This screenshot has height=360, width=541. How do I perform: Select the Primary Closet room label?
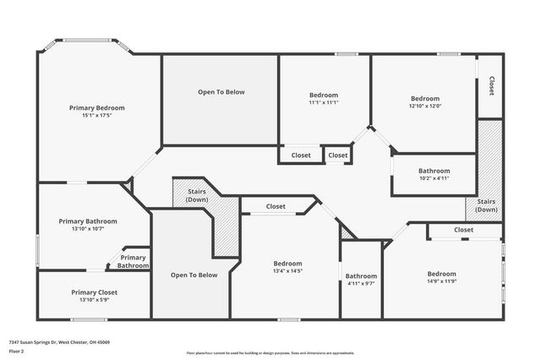click(94, 292)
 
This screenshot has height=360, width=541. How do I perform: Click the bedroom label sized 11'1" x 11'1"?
click(324, 95)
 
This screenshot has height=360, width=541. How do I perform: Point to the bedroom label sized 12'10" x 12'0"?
click(425, 98)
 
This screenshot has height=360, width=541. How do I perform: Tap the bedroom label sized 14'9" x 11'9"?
click(441, 274)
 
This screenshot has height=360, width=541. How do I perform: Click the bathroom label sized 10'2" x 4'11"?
click(434, 171)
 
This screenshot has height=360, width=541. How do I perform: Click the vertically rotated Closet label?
click(491, 85)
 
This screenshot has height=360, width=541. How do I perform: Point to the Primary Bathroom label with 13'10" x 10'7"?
click(88, 221)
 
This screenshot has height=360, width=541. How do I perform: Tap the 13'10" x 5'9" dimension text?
click(94, 300)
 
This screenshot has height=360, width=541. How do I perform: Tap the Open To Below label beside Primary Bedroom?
click(221, 91)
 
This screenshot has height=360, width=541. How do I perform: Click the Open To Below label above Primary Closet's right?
click(194, 275)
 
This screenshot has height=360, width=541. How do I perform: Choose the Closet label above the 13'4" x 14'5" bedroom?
click(276, 206)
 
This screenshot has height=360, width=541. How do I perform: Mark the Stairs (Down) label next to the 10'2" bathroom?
click(486, 205)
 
